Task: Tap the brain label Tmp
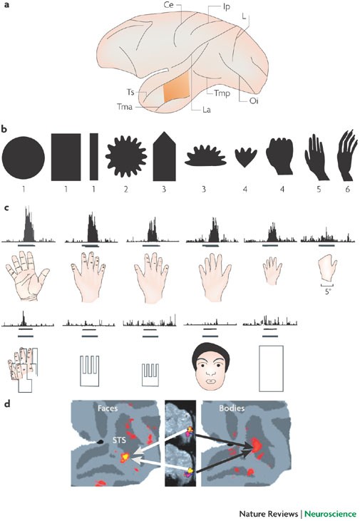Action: click(222, 93)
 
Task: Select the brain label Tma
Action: click(125, 107)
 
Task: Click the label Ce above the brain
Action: click(168, 4)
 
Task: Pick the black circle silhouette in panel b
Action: click(24, 158)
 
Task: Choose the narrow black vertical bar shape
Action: click(94, 157)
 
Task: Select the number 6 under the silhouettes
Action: click(348, 190)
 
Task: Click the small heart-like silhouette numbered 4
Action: click(246, 158)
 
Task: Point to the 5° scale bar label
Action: click(328, 292)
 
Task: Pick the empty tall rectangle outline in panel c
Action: click(271, 368)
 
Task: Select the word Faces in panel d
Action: click(108, 408)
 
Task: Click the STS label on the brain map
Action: click(119, 440)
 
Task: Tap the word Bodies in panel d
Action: click(232, 408)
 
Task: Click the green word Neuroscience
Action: click(330, 514)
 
